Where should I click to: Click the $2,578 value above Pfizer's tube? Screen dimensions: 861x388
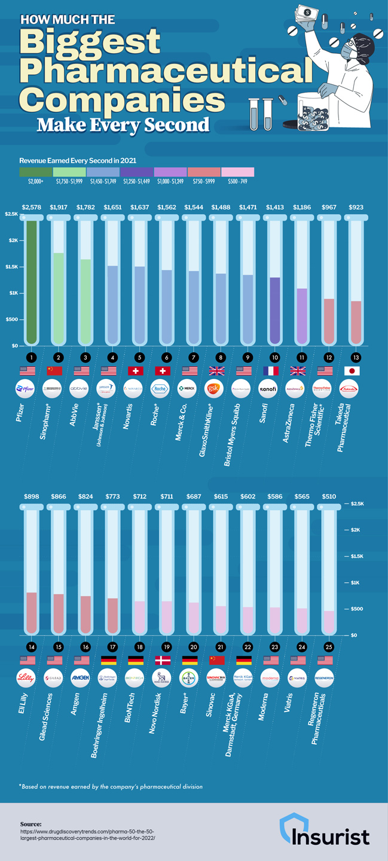(x=32, y=207)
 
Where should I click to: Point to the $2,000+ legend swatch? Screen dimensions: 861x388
(x=35, y=172)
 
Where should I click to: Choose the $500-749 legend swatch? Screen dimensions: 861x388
(x=237, y=172)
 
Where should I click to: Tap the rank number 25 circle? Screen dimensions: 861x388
(x=325, y=647)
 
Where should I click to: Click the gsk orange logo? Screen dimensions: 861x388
(x=213, y=389)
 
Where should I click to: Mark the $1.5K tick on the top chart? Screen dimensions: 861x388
(x=11, y=267)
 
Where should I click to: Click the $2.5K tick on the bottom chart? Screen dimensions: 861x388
(x=358, y=504)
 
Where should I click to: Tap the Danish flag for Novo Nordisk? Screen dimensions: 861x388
(x=163, y=660)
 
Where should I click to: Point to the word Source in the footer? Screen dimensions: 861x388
(x=31, y=823)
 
